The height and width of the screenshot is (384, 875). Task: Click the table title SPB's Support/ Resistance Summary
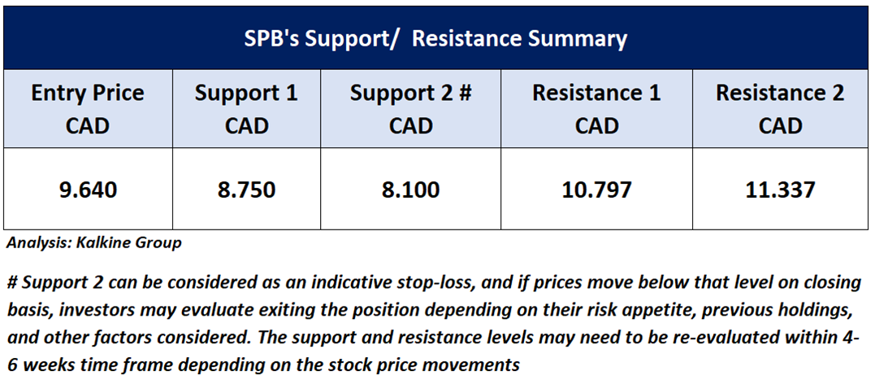click(x=435, y=38)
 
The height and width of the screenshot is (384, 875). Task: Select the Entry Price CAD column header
click(x=88, y=108)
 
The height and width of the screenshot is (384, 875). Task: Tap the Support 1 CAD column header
click(x=246, y=108)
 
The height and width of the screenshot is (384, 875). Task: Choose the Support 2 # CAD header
click(x=411, y=108)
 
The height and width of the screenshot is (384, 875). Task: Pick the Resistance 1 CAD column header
click(x=596, y=108)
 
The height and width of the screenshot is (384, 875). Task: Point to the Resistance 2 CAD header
click(x=780, y=108)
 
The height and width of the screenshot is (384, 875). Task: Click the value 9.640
click(x=89, y=190)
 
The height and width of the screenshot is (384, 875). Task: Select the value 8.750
click(x=246, y=190)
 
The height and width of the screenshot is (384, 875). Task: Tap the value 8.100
click(x=411, y=190)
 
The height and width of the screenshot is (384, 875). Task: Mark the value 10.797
click(x=596, y=190)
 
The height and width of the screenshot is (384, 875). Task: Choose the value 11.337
click(x=780, y=190)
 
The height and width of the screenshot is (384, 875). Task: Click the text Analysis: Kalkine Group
click(x=94, y=244)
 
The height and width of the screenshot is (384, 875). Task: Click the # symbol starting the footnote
click(x=11, y=283)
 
